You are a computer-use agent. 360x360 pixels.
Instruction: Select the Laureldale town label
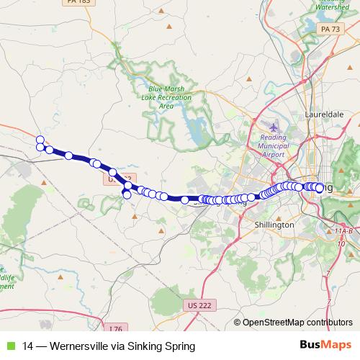pos(326,114)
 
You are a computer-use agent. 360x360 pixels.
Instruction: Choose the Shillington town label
pos(274,225)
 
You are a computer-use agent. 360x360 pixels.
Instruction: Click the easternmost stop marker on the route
pos(320,188)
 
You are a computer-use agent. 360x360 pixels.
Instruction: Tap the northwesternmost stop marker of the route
pos(40,140)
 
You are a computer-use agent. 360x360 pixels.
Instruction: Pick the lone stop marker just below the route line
pos(127,194)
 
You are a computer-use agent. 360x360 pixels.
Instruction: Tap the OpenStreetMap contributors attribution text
pos(297,323)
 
